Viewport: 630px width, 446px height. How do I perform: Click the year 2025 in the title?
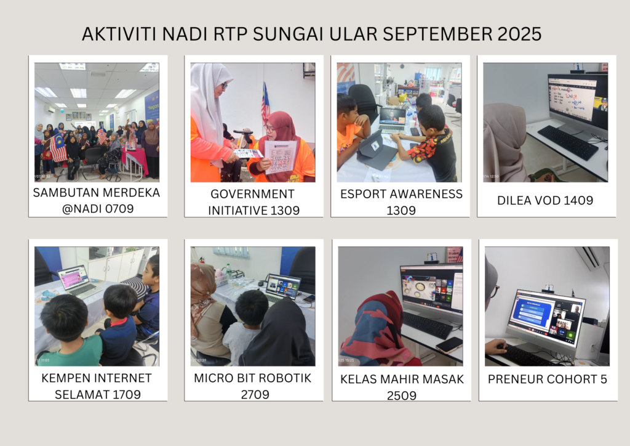[x=519, y=34]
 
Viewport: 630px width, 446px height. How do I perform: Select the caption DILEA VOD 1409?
[x=545, y=200]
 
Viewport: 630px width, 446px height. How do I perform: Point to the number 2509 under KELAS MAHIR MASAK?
[x=401, y=395]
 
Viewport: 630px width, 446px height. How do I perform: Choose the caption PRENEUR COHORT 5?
[x=547, y=379]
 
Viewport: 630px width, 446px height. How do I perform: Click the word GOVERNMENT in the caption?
[x=252, y=194]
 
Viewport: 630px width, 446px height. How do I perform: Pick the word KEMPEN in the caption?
[x=61, y=378]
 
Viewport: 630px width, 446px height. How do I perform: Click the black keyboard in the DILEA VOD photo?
[x=568, y=142]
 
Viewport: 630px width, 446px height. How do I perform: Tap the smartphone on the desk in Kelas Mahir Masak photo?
[x=449, y=344]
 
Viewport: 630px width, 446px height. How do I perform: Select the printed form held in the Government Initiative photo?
[x=280, y=156]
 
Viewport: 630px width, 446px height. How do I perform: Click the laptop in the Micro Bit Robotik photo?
[x=283, y=288]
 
